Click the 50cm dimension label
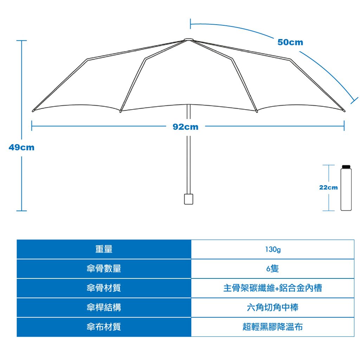coord(290,42)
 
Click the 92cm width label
coord(185,127)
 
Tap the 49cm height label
coord(21,147)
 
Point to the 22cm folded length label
coord(328,188)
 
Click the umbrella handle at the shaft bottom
coord(188,199)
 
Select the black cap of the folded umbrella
coord(346,167)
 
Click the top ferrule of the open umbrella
coord(188,40)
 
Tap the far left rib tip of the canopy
coord(33,111)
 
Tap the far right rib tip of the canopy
coord(344,111)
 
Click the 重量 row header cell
coord(104,249)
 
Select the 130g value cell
coord(272,249)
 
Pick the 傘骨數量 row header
coord(104,269)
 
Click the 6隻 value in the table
coord(272,268)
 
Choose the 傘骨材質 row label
coord(104,288)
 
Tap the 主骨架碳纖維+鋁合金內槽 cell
coord(272,288)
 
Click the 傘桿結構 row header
coord(104,307)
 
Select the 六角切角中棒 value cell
coord(272,307)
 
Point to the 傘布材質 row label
coord(104,327)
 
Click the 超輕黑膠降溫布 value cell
coord(272,327)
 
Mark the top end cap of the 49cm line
coord(21,41)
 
